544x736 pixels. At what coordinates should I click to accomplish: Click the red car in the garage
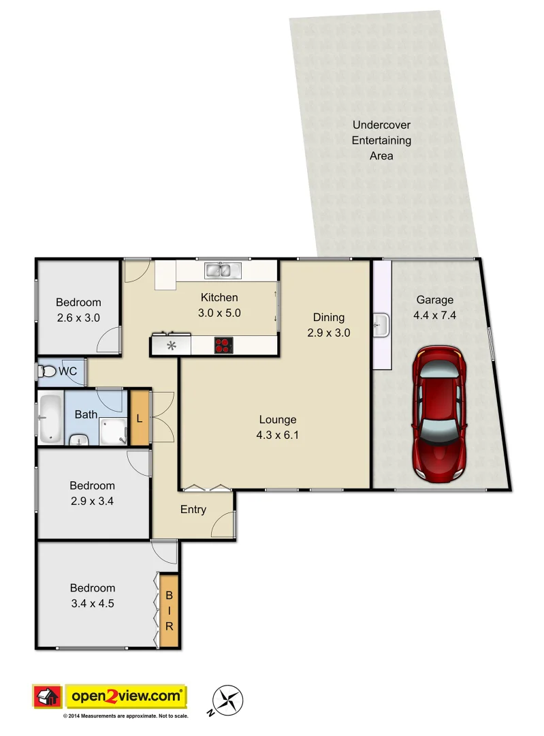439,412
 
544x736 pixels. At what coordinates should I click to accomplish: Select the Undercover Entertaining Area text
381,140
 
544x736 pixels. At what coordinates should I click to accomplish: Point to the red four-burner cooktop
223,345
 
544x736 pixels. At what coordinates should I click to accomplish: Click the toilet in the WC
48,372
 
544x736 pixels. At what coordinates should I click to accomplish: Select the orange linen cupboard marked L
140,418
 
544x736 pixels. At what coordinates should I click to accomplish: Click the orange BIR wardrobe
170,611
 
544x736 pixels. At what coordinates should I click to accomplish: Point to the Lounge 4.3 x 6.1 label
277,427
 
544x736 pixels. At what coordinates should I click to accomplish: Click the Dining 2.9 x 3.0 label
329,324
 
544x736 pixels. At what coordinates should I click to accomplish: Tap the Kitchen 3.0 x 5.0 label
219,305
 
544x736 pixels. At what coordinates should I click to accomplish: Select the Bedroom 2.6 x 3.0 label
78,309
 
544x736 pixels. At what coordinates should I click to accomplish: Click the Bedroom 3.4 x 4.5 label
92,595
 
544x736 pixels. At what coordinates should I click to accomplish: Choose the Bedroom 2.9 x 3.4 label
92,493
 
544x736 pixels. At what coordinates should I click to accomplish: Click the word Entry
193,510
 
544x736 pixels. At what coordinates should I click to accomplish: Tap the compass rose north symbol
228,699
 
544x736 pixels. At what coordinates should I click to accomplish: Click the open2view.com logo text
125,696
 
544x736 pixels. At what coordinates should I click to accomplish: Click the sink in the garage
382,324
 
